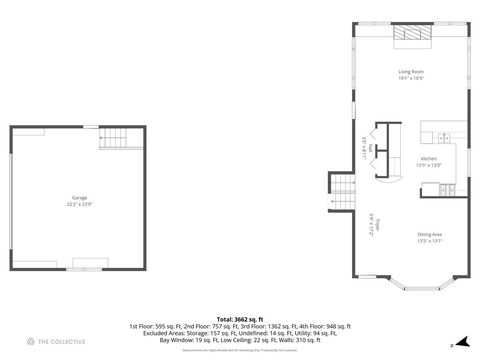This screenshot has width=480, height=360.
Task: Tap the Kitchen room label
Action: (428, 159)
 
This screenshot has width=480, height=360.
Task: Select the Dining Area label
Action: (430, 234)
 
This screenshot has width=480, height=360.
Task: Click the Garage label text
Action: (79, 198)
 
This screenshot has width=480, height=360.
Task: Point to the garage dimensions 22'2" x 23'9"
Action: (79, 204)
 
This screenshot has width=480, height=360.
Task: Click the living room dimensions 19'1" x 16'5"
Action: (412, 78)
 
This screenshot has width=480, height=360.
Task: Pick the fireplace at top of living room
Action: (412, 35)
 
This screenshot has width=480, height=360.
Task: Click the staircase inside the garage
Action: (115, 140)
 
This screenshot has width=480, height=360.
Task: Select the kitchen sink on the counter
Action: (443, 137)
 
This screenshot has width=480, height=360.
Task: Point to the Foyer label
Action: (369, 222)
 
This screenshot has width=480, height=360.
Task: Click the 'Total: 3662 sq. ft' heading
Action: (240, 319)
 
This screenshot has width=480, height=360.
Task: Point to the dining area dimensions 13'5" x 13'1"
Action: (430, 240)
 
